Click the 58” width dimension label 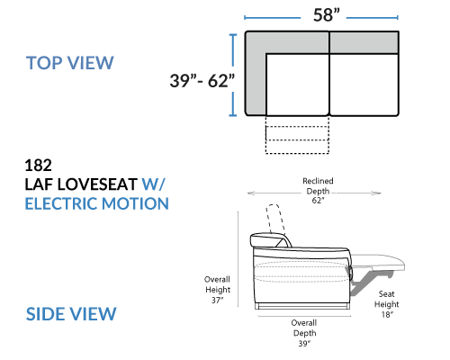tap(327, 15)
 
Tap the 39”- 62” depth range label tap(202, 80)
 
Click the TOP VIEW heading tap(70, 63)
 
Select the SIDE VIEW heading tap(71, 314)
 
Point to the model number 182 tap(38, 166)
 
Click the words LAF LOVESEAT tap(81, 184)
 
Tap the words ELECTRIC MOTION tap(96, 203)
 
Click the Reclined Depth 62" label tap(318, 191)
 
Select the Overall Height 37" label tap(218, 290)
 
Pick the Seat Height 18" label tap(387, 304)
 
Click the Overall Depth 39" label tap(304, 333)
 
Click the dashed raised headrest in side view tap(275, 219)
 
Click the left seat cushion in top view tap(297, 85)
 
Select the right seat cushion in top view tap(364, 85)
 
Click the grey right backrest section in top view tap(364, 42)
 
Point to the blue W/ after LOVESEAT tap(153, 184)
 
